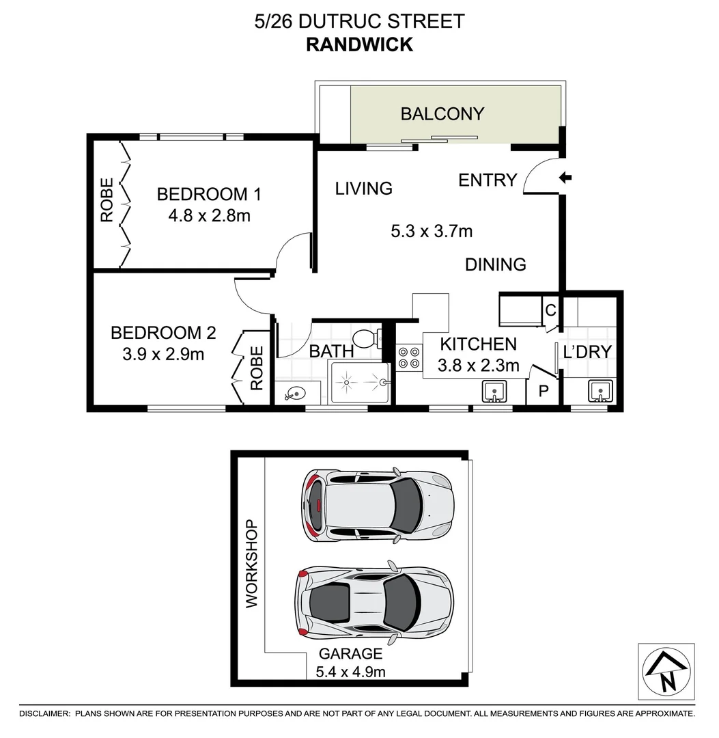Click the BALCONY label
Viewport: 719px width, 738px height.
click(x=442, y=113)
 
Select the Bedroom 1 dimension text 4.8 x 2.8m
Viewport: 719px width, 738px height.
click(x=209, y=216)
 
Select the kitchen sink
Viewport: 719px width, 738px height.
click(x=494, y=392)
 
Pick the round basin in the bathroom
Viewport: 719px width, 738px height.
click(x=296, y=394)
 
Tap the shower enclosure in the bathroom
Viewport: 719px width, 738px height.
click(x=359, y=383)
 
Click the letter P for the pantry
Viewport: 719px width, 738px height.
click(x=544, y=392)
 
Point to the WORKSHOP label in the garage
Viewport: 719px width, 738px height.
click(x=251, y=564)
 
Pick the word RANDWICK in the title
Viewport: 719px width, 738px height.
click(x=359, y=44)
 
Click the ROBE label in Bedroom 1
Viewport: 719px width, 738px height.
click(x=107, y=200)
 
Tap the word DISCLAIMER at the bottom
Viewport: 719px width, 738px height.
click(x=45, y=713)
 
